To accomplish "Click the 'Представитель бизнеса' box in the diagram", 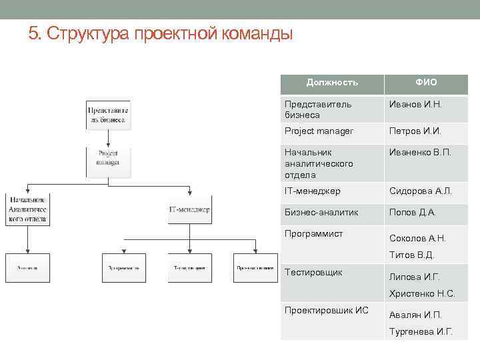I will tap(107, 114).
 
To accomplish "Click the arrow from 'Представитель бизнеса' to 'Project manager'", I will tap(107, 138).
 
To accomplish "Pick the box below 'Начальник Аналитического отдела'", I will tap(27, 268).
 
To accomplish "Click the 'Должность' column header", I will tap(332, 83).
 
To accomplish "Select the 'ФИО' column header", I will tap(426, 83).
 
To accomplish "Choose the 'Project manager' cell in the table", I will tap(319, 131).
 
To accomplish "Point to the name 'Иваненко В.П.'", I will tap(420, 152).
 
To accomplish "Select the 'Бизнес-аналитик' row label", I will tap(321, 213).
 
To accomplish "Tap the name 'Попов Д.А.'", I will tap(412, 213).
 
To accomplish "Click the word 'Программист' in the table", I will tap(313, 234).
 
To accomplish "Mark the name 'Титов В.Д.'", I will tap(411, 255).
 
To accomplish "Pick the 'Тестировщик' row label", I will tap(313, 273).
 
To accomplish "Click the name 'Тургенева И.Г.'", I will tap(421, 331).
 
